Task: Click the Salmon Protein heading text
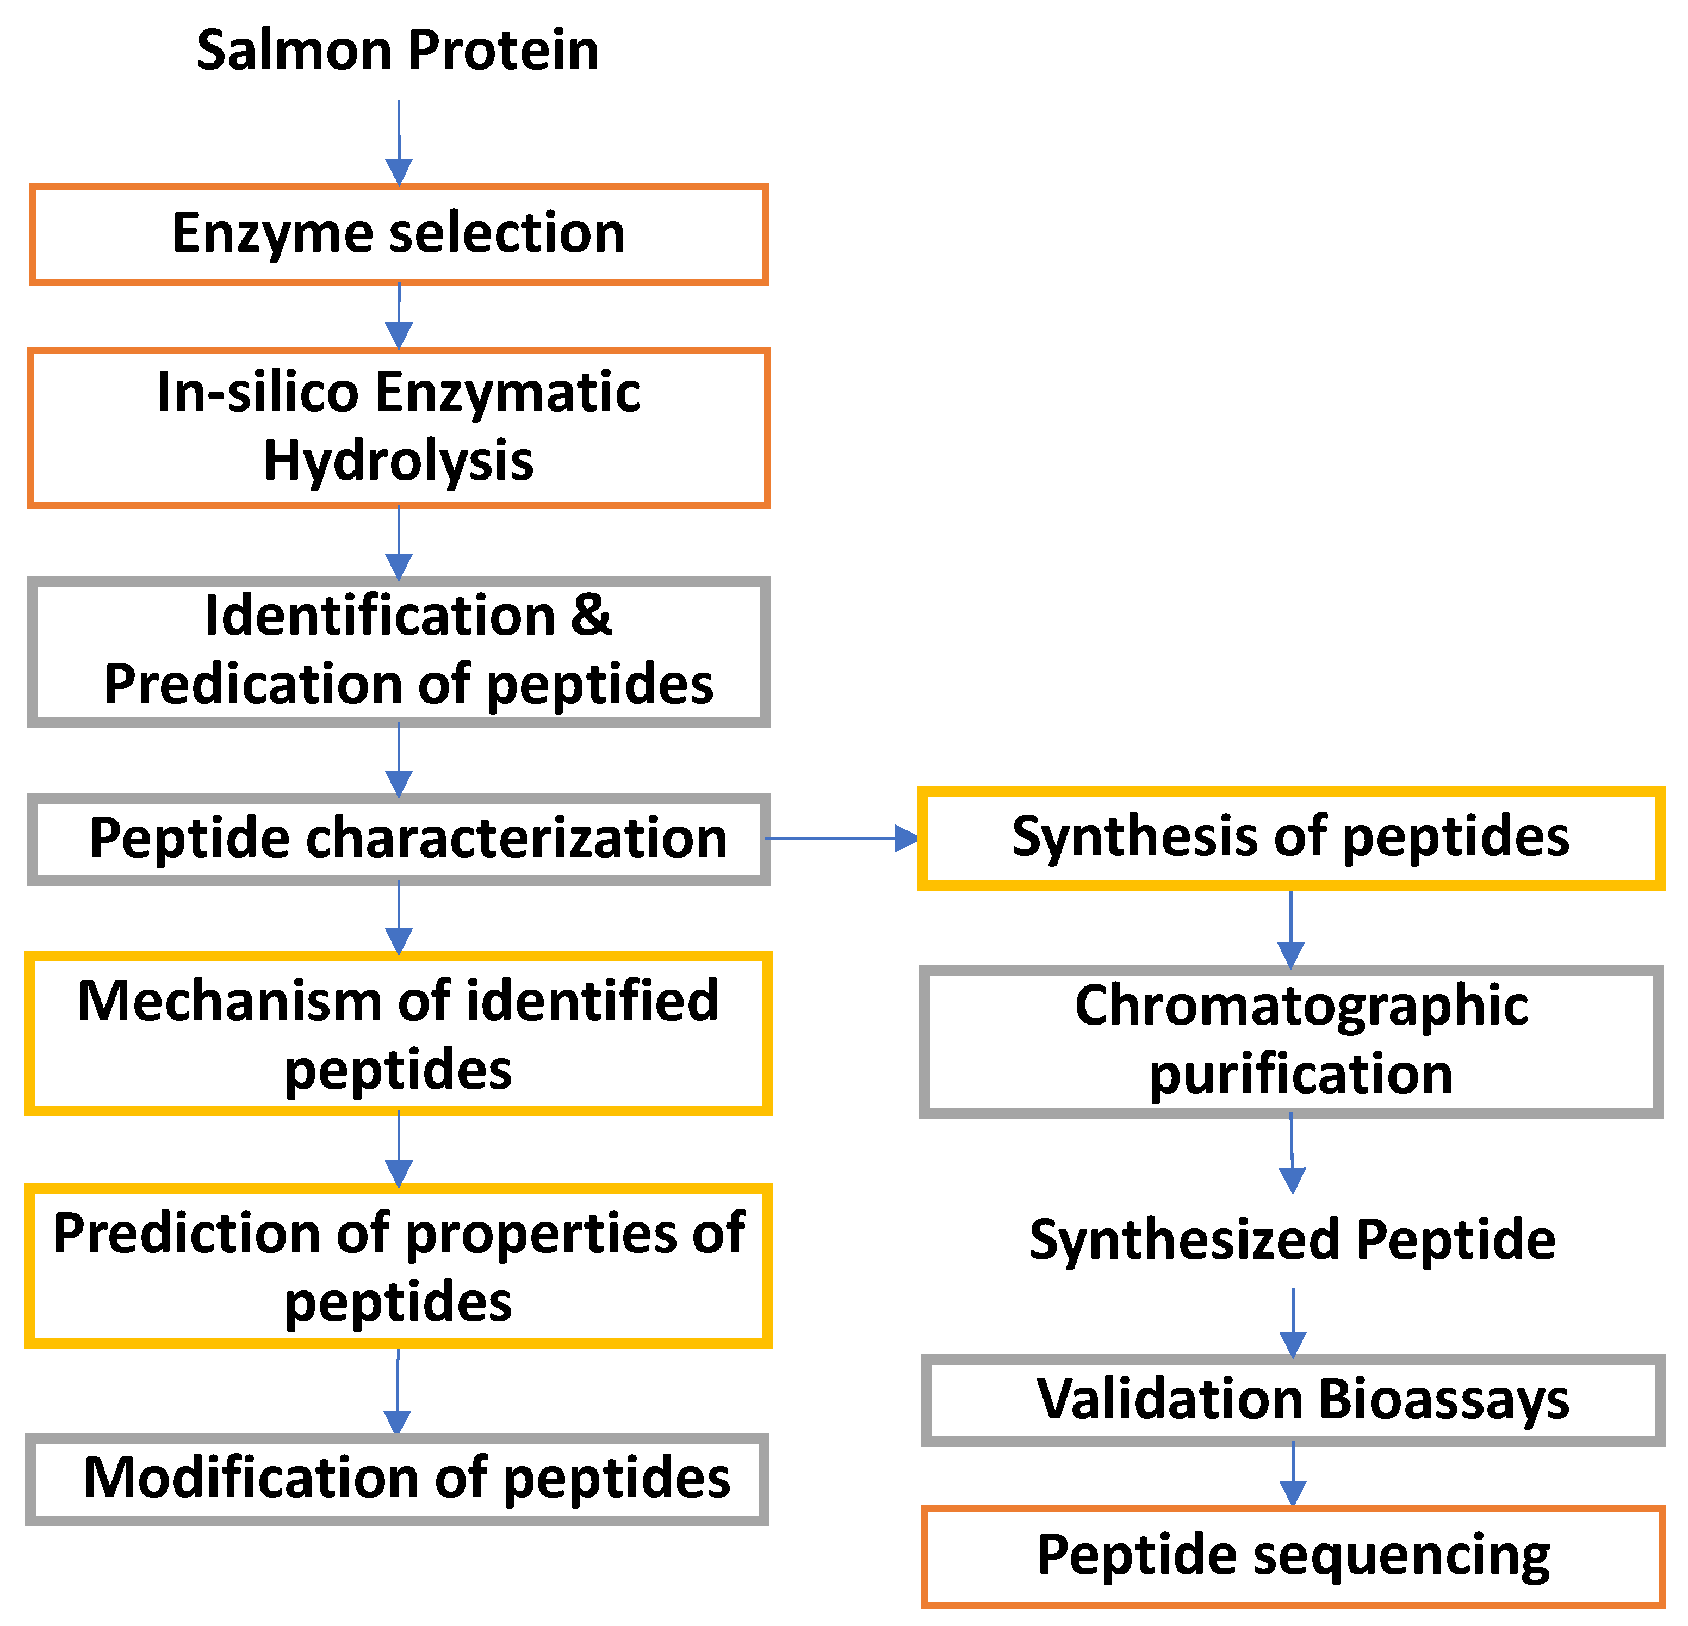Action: pyautogui.click(x=398, y=50)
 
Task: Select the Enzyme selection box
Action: pyautogui.click(x=398, y=234)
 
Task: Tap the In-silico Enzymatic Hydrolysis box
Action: pyautogui.click(x=398, y=427)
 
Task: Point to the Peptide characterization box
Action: pyautogui.click(x=398, y=839)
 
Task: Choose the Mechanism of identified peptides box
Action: pyautogui.click(x=398, y=1033)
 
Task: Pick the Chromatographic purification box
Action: pyautogui.click(x=1290, y=1041)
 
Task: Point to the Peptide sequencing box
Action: pyautogui.click(x=1292, y=1556)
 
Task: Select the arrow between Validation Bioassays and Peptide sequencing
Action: pyautogui.click(x=1293, y=1474)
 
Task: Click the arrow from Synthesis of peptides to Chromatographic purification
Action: pyautogui.click(x=1290, y=929)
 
